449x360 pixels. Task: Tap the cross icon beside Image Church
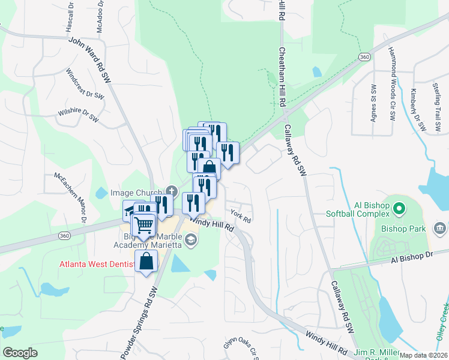[172, 191]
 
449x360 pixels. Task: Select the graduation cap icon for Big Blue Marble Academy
[191, 241]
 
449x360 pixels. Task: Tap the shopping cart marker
[143, 226]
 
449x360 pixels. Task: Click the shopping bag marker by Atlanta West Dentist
[146, 262]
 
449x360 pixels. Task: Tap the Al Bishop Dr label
[411, 259]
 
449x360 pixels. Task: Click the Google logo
[20, 353]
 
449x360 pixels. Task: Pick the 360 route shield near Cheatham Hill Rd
[364, 56]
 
